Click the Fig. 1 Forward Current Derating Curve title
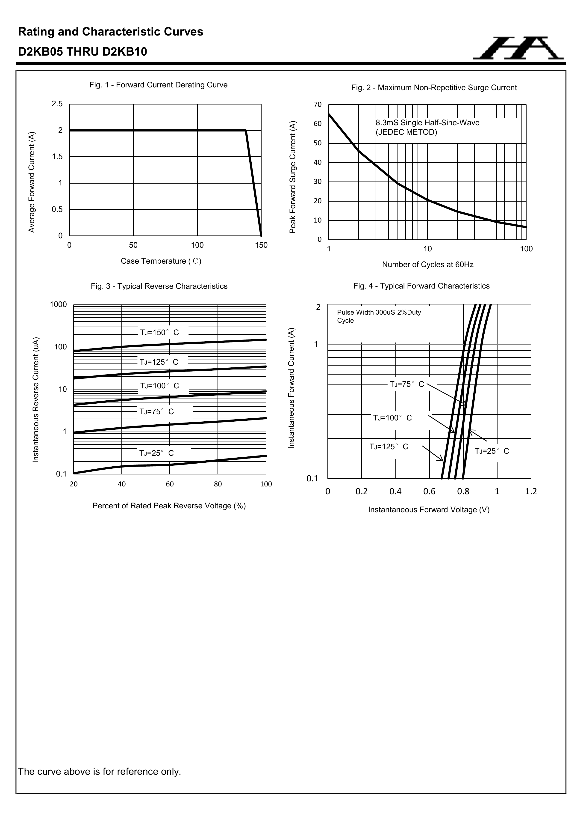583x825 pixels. coord(158,85)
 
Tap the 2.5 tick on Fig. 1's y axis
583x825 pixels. coord(57,104)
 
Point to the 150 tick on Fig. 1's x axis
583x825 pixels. coord(261,245)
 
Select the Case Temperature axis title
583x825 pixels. coord(161,261)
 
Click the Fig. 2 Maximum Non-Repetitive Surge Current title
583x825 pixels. coord(434,88)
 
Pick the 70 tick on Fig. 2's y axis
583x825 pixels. coord(318,104)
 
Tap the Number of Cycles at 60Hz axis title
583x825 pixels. coord(427,265)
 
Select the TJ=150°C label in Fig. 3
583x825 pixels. coord(159,332)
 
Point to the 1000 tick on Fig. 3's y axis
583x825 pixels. coord(58,305)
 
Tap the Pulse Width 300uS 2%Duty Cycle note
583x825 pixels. coord(379,316)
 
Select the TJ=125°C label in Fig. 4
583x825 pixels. coord(389,447)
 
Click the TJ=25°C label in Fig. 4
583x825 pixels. coord(492,451)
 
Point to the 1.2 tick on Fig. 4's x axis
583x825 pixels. coord(531,491)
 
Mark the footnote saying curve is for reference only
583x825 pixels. coord(100,771)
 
